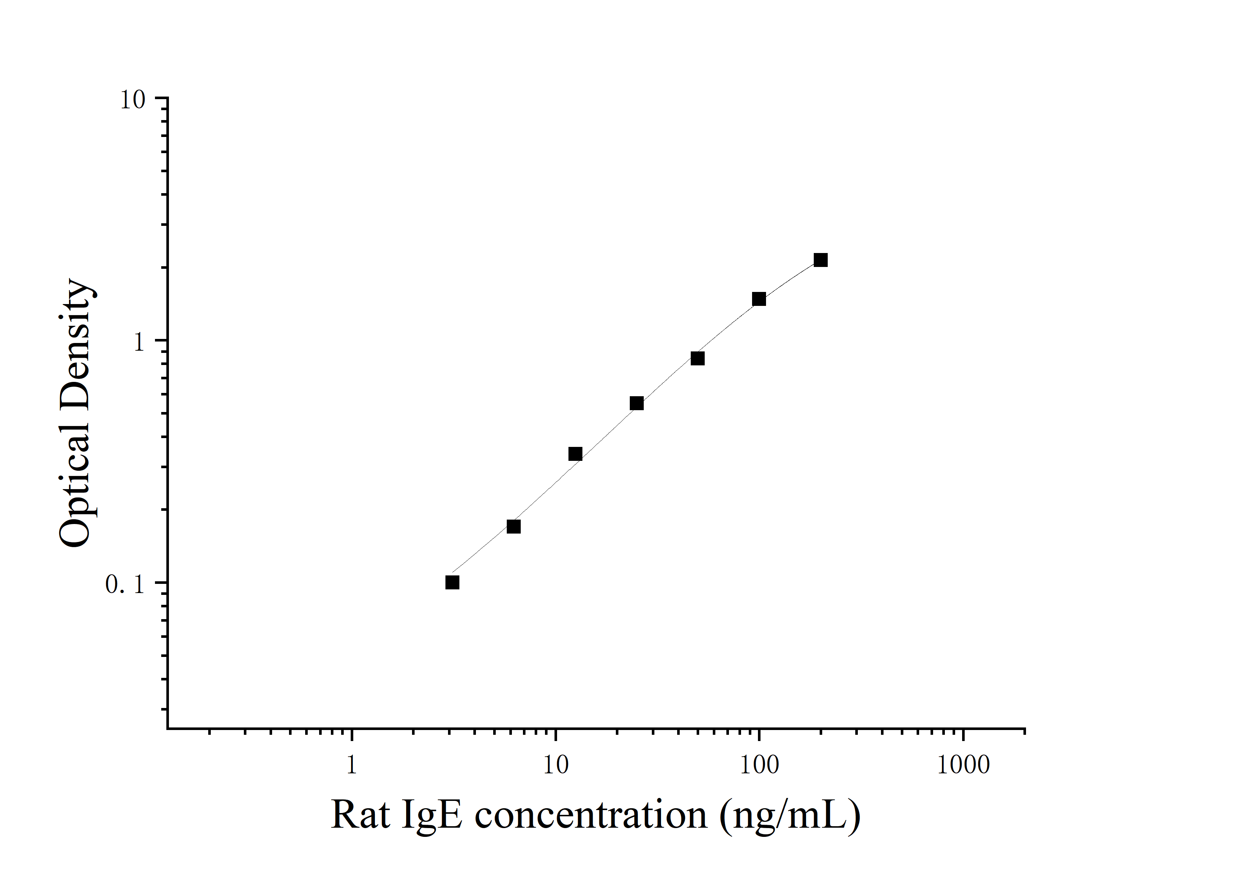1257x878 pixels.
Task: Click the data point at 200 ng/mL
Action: pos(820,260)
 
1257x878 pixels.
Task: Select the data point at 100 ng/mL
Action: pos(759,299)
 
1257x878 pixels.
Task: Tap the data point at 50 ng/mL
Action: pos(697,358)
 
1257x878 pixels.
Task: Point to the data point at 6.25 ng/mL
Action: pos(513,527)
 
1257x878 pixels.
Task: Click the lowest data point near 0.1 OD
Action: pos(452,582)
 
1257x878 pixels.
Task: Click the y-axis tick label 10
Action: pos(133,100)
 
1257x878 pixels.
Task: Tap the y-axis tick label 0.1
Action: pos(125,585)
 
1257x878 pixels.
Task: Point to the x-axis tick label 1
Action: pos(351,765)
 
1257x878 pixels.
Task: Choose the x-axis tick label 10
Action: pos(556,765)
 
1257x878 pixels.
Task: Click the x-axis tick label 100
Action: pos(759,765)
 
